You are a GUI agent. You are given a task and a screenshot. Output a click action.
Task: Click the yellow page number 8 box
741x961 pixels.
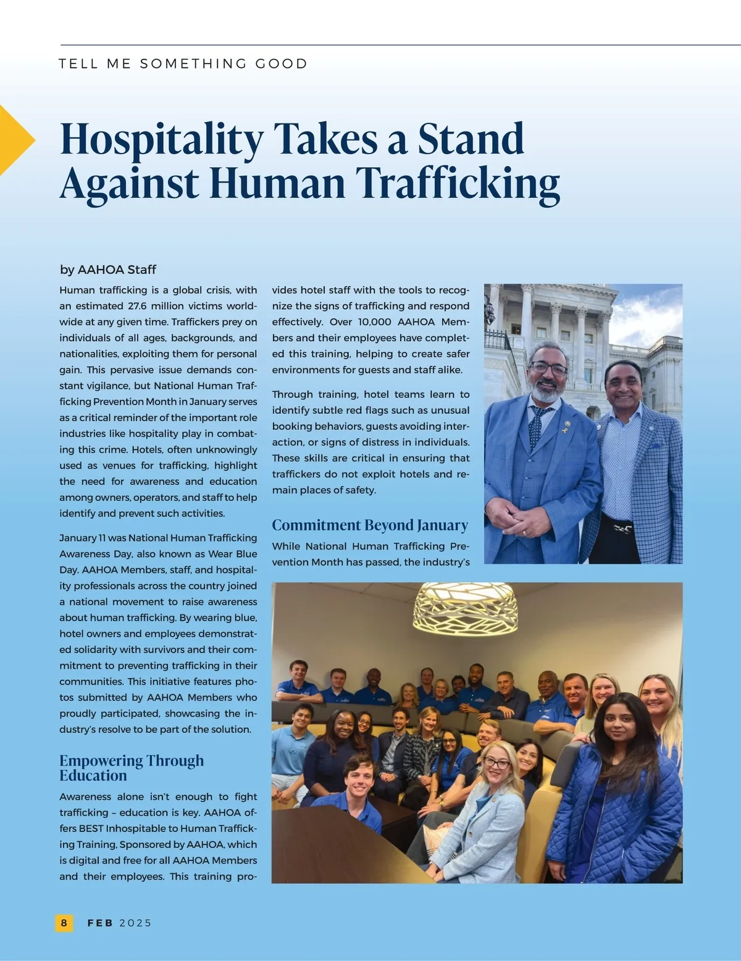pyautogui.click(x=64, y=923)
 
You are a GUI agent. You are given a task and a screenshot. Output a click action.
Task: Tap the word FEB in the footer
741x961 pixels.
pyautogui.click(x=100, y=923)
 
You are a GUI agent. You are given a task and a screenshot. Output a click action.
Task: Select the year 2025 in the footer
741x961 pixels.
pyautogui.click(x=135, y=923)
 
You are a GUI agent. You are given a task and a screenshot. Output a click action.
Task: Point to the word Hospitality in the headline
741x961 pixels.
pyautogui.click(x=162, y=140)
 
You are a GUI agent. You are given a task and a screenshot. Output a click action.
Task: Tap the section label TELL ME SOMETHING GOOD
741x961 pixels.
pyautogui.click(x=183, y=64)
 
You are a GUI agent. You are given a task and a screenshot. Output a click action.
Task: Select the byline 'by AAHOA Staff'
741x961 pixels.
pyautogui.click(x=108, y=270)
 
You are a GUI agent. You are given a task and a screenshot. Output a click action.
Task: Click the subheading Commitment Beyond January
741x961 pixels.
pyautogui.click(x=370, y=525)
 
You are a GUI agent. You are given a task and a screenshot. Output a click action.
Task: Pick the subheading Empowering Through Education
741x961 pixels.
pyautogui.click(x=131, y=768)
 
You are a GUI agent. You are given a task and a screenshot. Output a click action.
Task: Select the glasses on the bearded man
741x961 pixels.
pyautogui.click(x=548, y=368)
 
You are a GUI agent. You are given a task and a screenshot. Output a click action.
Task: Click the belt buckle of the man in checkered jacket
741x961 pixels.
pyautogui.click(x=622, y=528)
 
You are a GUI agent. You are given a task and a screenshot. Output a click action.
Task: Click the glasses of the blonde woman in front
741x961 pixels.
pyautogui.click(x=496, y=763)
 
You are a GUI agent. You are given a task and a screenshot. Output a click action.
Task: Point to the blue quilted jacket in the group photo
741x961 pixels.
pyautogui.click(x=611, y=808)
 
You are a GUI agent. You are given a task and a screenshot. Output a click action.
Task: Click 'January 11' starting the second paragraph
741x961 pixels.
pyautogui.click(x=83, y=538)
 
